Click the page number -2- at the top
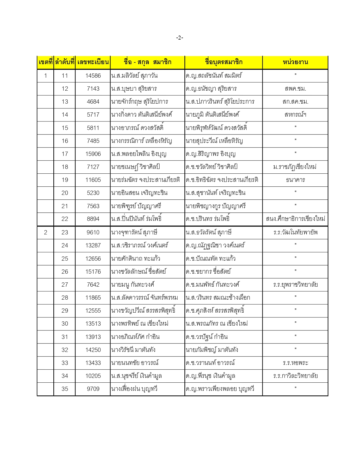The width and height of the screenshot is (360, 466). point(180,38)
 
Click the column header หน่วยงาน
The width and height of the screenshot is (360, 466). point(295,62)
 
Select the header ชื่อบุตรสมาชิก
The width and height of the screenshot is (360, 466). point(223,62)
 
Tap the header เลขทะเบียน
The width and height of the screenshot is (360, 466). point(93,62)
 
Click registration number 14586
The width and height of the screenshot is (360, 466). point(93,76)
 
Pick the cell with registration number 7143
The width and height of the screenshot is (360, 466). point(93,89)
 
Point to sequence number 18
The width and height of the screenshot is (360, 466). point(65,167)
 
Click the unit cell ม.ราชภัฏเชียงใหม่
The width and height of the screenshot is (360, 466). point(295,167)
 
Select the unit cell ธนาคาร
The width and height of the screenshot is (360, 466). point(295,180)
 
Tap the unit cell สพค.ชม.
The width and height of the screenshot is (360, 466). point(295,89)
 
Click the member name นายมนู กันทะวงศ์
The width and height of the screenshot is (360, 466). point(133,285)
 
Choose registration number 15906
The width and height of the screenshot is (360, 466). point(93,154)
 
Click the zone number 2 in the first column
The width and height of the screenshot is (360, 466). point(45,232)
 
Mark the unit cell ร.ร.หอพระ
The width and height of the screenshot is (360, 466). point(295,363)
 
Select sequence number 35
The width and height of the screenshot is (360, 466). point(65,389)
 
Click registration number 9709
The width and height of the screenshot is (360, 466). point(93,389)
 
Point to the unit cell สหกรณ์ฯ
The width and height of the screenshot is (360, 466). point(295,115)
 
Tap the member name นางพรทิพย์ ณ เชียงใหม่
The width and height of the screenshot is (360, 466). point(140,324)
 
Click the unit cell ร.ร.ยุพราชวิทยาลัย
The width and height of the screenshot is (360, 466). point(295,285)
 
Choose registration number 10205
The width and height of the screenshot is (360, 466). point(93,376)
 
